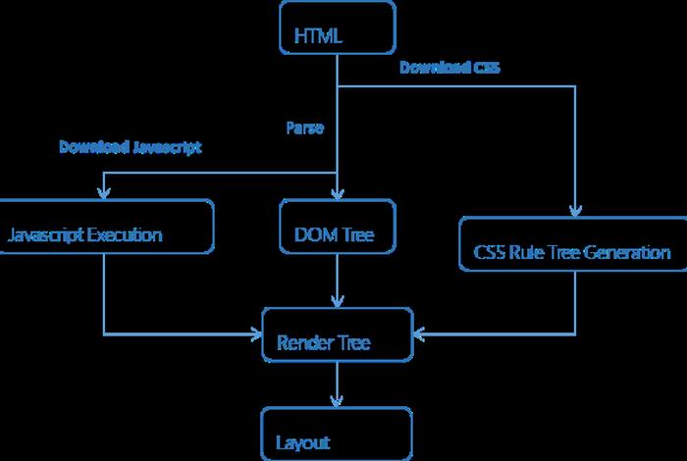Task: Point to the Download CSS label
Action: click(449, 69)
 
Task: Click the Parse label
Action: click(304, 128)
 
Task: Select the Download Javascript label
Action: click(130, 147)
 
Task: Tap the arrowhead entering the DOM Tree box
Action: click(337, 194)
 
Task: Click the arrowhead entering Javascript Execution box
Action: click(104, 194)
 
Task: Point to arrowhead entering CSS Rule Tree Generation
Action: click(575, 210)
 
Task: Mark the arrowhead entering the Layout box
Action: click(337, 401)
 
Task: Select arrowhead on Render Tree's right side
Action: click(418, 334)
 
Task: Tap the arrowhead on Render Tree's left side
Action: click(257, 334)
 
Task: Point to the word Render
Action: click(301, 343)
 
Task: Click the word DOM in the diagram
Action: click(314, 235)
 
